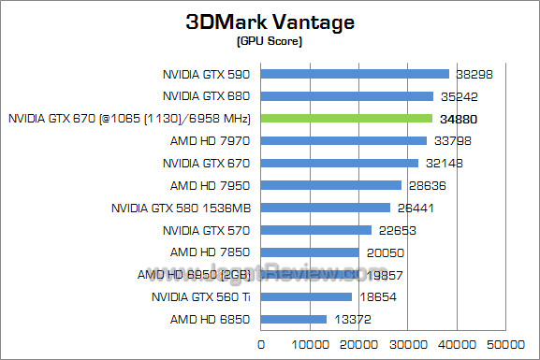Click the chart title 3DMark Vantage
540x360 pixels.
tap(270, 22)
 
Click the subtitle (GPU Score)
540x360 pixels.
tap(270, 41)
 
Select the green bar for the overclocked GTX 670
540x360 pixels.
tap(346, 119)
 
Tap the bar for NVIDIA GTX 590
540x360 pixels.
tap(355, 74)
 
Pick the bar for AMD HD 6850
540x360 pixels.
tap(294, 319)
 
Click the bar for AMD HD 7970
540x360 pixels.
tap(343, 141)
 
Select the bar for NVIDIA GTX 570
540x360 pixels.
tap(316, 230)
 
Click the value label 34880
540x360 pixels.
tap(458, 119)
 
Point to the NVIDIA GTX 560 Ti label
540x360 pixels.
tap(201, 297)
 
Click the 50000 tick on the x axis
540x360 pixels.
tap(506, 344)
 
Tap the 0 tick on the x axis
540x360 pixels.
tap(261, 344)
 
